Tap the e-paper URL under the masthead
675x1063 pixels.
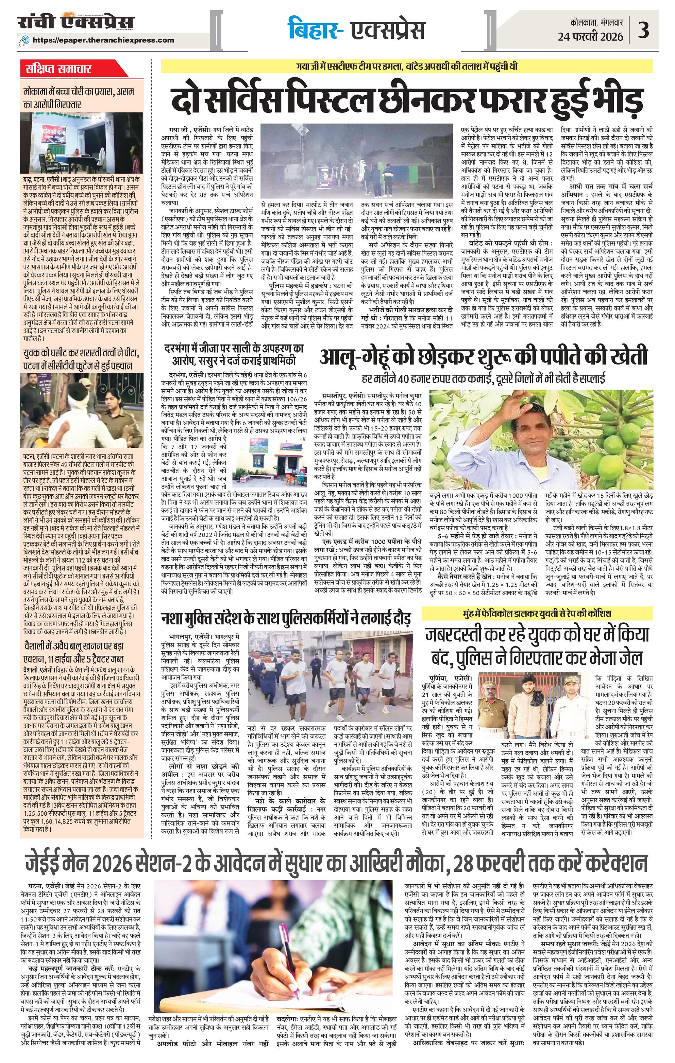point(109,40)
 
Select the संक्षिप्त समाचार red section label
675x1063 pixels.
point(58,69)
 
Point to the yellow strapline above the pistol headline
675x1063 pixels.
point(406,67)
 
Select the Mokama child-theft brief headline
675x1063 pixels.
point(82,98)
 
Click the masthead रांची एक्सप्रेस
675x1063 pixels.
point(75,22)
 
